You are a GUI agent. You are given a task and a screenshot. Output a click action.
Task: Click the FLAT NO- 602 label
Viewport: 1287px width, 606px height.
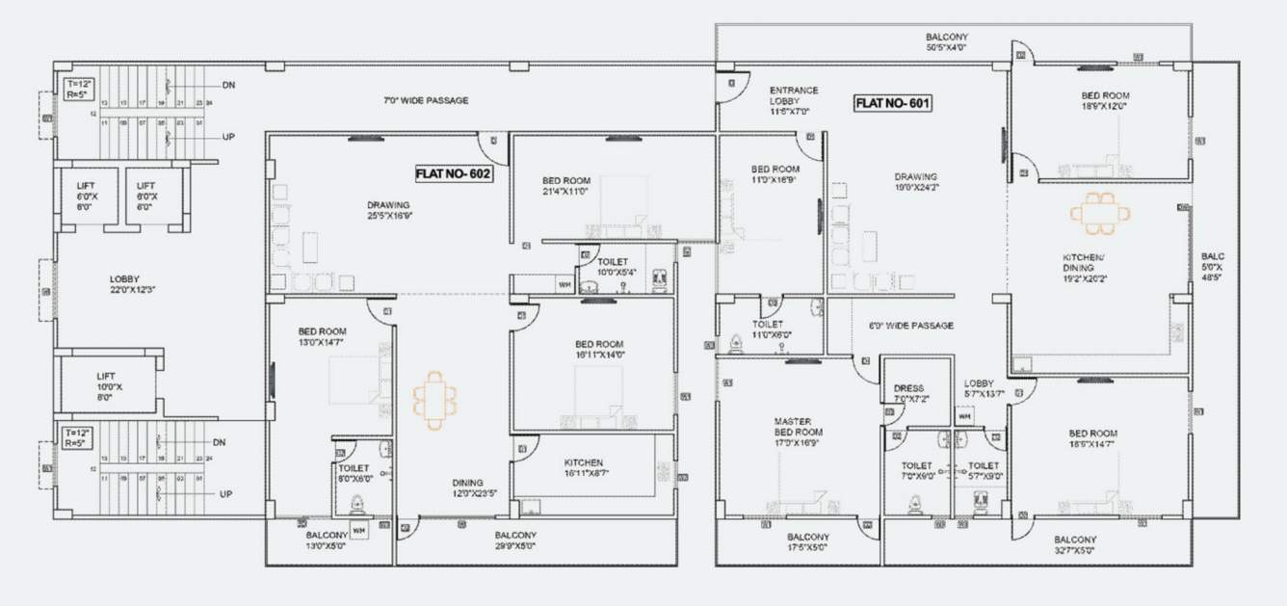tap(453, 174)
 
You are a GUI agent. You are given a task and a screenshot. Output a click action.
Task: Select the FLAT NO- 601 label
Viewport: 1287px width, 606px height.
tap(893, 102)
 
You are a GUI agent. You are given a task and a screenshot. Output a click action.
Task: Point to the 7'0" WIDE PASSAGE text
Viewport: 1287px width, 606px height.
tap(425, 100)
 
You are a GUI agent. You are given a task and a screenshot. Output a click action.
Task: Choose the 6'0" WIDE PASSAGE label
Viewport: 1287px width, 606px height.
tap(910, 326)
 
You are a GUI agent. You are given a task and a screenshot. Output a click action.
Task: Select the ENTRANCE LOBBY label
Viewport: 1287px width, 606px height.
tap(794, 100)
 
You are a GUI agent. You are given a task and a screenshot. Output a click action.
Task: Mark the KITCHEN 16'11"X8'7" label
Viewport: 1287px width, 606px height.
tap(584, 468)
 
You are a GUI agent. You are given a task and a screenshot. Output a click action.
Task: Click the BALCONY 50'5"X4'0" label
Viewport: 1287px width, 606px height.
tap(948, 40)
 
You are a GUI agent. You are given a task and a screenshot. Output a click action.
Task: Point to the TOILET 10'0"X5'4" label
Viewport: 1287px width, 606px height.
tap(613, 267)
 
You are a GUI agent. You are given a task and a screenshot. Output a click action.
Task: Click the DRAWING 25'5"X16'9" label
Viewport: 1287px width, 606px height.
tap(388, 210)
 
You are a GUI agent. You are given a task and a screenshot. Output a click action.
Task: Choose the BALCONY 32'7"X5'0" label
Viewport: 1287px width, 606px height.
tap(1074, 544)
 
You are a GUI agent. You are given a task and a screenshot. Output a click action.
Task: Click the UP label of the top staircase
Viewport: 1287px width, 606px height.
tap(228, 137)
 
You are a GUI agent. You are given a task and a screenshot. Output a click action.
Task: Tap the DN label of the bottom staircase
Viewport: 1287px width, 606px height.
tap(220, 442)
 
